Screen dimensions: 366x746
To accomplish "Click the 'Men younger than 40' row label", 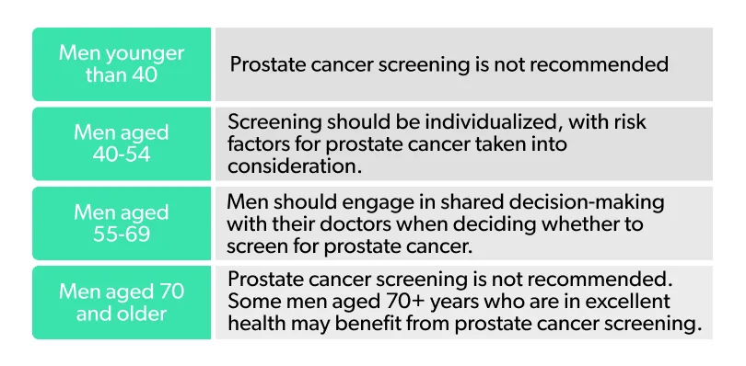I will click(122, 63).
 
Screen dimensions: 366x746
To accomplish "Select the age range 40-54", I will click(122, 154).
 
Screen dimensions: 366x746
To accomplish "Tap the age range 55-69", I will click(122, 234).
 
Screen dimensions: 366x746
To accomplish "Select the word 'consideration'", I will click(286, 166).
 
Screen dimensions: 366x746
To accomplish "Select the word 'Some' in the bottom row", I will click(251, 303).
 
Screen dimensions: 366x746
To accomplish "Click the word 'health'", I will click(255, 325).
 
